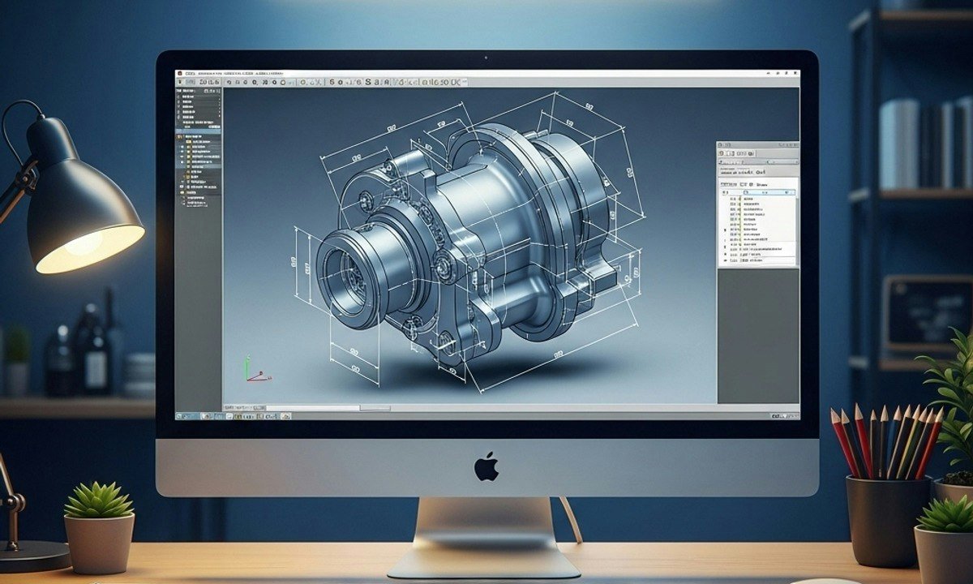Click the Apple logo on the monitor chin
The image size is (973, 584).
coord(486,466)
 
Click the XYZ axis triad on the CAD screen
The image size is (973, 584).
coord(253,371)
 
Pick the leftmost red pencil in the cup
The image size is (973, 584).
coord(843,442)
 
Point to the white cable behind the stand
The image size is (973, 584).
coord(572,519)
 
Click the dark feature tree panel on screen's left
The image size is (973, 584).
coord(198,146)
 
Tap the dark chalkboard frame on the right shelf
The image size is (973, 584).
coord(926,312)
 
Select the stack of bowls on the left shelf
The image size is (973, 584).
coord(139,373)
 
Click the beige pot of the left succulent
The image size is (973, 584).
coord(99,542)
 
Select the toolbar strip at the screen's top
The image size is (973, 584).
coord(486,82)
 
